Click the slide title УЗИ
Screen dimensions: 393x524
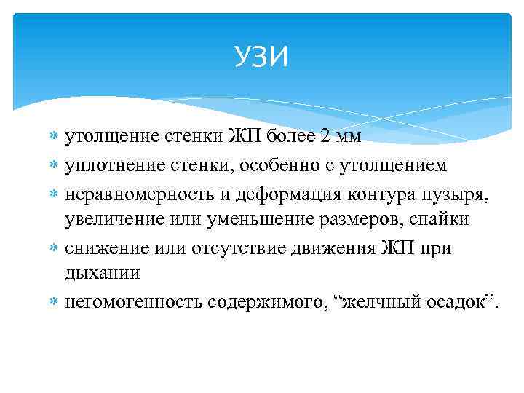261,56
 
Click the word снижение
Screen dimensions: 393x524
100,249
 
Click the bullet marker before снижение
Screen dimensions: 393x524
57,249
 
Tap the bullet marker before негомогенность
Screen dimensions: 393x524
57,301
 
